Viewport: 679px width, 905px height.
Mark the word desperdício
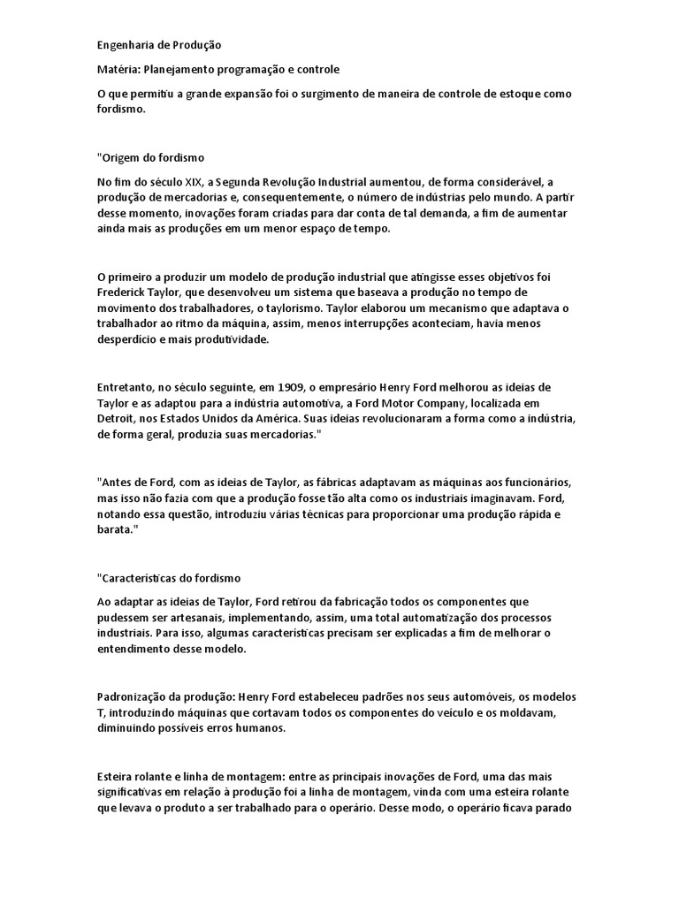pos(129,340)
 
